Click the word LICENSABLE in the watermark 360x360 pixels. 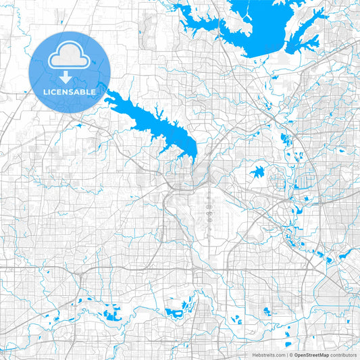pos(70,91)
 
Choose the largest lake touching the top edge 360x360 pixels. pos(263,27)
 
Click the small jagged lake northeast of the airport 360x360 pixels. pos(257,172)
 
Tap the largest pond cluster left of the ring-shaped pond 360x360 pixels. pos(112,313)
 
